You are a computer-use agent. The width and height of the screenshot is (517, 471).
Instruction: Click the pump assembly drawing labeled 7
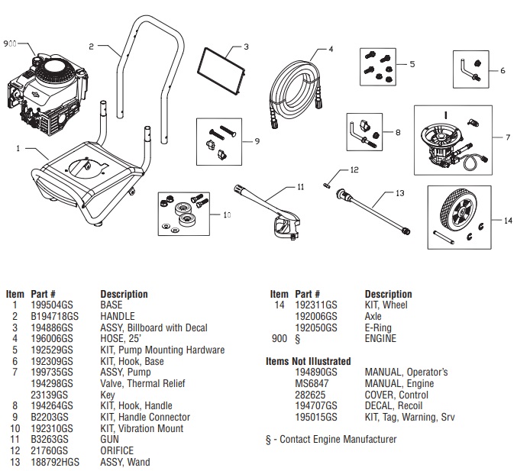click(x=442, y=137)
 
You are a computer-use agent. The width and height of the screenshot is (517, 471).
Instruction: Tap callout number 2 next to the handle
click(x=91, y=47)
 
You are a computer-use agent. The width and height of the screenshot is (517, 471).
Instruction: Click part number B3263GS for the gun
click(x=49, y=440)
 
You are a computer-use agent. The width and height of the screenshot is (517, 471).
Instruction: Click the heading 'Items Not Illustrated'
click(x=308, y=361)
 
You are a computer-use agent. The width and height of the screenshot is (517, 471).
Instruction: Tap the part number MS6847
click(x=309, y=383)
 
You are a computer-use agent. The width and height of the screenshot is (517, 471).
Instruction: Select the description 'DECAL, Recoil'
click(x=393, y=406)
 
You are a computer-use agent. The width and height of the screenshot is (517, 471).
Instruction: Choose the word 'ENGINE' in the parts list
click(x=380, y=338)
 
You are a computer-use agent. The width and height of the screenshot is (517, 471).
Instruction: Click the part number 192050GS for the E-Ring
click(x=315, y=327)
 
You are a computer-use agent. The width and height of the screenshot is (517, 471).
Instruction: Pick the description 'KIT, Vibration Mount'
click(x=142, y=428)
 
